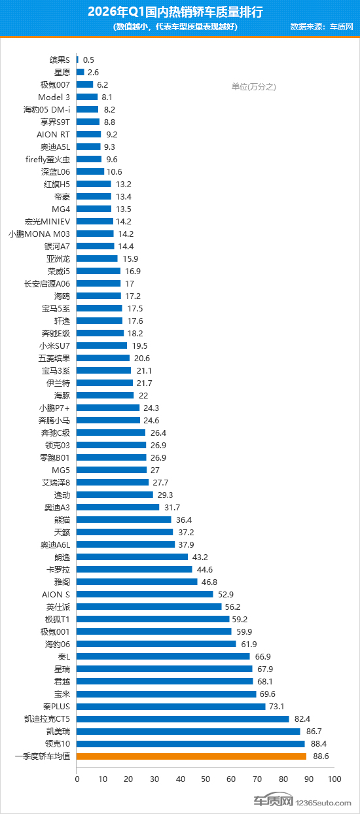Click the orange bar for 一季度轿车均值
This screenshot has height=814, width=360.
pyautogui.click(x=191, y=756)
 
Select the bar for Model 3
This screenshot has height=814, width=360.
pyautogui.click(x=87, y=97)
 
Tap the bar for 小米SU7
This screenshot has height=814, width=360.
pyautogui.click(x=102, y=345)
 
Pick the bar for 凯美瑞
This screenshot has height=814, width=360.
pyautogui.click(x=189, y=732)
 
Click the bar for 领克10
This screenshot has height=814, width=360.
pyautogui.click(x=190, y=744)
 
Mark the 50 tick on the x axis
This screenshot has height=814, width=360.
pyautogui.click(x=206, y=779)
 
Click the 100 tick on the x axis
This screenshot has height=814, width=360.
pyautogui.click(x=334, y=779)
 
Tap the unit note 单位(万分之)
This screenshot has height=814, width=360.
pyautogui.click(x=254, y=86)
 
